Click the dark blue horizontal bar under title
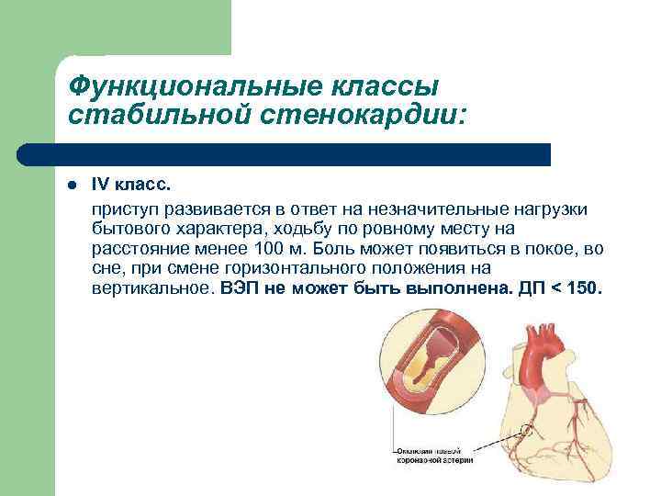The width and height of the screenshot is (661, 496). (285, 153)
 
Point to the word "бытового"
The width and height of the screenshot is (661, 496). (128, 229)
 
